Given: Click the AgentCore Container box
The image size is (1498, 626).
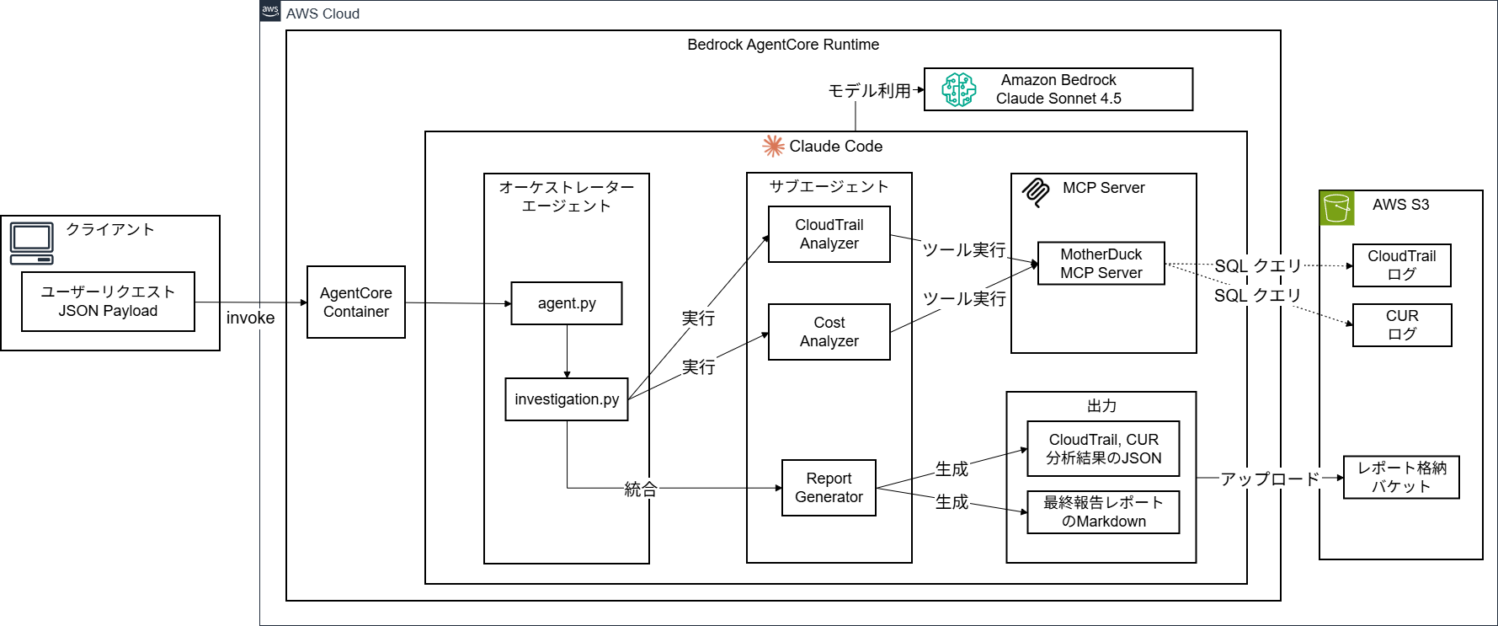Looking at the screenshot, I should [355, 302].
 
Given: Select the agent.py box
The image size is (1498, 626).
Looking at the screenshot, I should [567, 303].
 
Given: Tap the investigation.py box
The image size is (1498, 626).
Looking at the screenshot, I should [567, 399].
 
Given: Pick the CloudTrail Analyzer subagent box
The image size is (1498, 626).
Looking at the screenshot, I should [829, 234].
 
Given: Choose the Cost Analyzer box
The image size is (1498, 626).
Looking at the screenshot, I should [829, 332].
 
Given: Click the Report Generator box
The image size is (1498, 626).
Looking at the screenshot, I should [829, 488].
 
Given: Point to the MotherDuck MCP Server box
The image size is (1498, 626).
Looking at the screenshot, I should [1101, 264].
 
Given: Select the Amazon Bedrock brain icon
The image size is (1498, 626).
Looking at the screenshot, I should [959, 89].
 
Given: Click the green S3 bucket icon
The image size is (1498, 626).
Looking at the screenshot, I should [1337, 207].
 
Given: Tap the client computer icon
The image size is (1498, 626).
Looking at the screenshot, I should [32, 243].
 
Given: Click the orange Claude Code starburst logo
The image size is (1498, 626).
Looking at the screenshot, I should [773, 147].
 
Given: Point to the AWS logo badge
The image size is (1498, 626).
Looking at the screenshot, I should [270, 11].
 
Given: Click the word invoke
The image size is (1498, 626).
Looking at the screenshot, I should [250, 318].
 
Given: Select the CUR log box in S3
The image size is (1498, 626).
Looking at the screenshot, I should [1402, 325].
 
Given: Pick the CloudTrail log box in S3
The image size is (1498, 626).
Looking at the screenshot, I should [1402, 265].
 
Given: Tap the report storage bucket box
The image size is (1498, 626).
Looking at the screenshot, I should [1401, 478].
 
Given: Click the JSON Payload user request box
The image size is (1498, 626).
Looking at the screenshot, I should [108, 302].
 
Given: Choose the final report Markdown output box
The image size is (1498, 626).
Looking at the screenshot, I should [1103, 512].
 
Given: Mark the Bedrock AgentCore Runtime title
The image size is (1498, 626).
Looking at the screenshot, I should [783, 45].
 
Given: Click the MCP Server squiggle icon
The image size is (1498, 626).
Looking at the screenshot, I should [1036, 191].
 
